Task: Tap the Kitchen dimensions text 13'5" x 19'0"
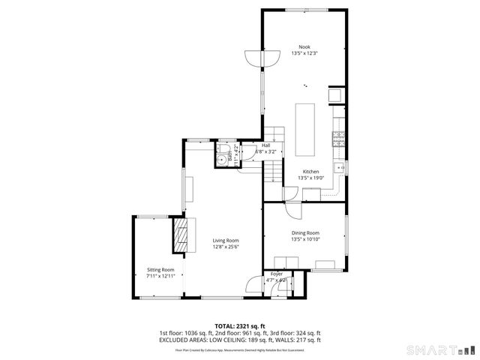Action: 310,178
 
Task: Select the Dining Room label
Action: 305,232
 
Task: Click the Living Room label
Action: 225,240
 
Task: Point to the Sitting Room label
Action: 160,269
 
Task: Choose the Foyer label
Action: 277,274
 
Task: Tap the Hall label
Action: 265,145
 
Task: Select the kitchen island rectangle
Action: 304,128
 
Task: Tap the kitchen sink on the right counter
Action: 340,166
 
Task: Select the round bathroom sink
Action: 222,160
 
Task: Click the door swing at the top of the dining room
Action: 294,196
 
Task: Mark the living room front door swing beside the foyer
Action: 253,286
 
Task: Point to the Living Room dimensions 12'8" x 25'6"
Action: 225,247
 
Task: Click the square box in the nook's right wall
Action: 337,95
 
